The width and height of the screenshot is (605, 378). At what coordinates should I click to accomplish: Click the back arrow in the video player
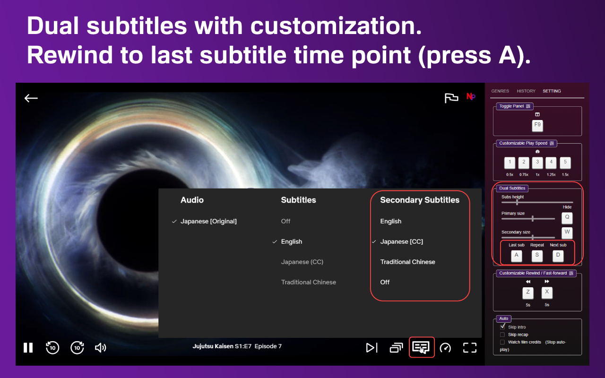coord(31,98)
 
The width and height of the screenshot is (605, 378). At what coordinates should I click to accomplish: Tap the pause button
coord(28,348)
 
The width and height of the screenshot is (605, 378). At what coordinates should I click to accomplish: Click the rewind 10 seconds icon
coord(52,347)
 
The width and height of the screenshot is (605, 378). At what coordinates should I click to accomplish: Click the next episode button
coord(372,348)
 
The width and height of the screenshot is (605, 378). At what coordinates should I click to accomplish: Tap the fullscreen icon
coord(470,348)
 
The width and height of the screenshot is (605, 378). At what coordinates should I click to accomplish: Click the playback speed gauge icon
coord(445,348)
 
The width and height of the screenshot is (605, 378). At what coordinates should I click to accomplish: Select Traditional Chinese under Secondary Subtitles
coord(407,262)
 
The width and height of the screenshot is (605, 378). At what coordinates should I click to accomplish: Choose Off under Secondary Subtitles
coord(385,282)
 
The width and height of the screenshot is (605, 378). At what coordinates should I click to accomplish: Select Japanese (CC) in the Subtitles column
coord(302,262)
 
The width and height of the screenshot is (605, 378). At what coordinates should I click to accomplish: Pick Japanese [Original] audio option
coord(208,222)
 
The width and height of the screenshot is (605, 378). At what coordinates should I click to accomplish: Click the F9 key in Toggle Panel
coord(537,126)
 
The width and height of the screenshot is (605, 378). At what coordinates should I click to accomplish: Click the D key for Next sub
coord(558,256)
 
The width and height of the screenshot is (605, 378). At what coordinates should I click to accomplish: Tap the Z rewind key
coord(528,292)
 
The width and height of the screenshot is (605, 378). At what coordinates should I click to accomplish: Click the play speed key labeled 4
coord(551,163)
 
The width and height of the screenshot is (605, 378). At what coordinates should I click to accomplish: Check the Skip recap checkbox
coord(502,335)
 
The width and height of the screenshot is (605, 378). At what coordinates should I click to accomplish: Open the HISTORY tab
coord(526,91)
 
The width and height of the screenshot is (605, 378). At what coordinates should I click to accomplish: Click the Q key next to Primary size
coord(567,218)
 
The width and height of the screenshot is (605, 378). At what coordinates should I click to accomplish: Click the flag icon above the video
coord(451,98)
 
